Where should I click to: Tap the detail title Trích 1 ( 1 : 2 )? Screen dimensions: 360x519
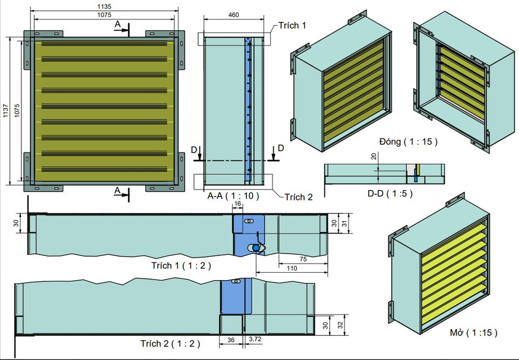click(x=181, y=266)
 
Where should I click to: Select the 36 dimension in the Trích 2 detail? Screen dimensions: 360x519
click(x=231, y=340)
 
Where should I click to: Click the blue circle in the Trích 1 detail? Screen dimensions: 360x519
click(x=256, y=247)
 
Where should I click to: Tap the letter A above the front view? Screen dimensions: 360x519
click(x=117, y=24)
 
